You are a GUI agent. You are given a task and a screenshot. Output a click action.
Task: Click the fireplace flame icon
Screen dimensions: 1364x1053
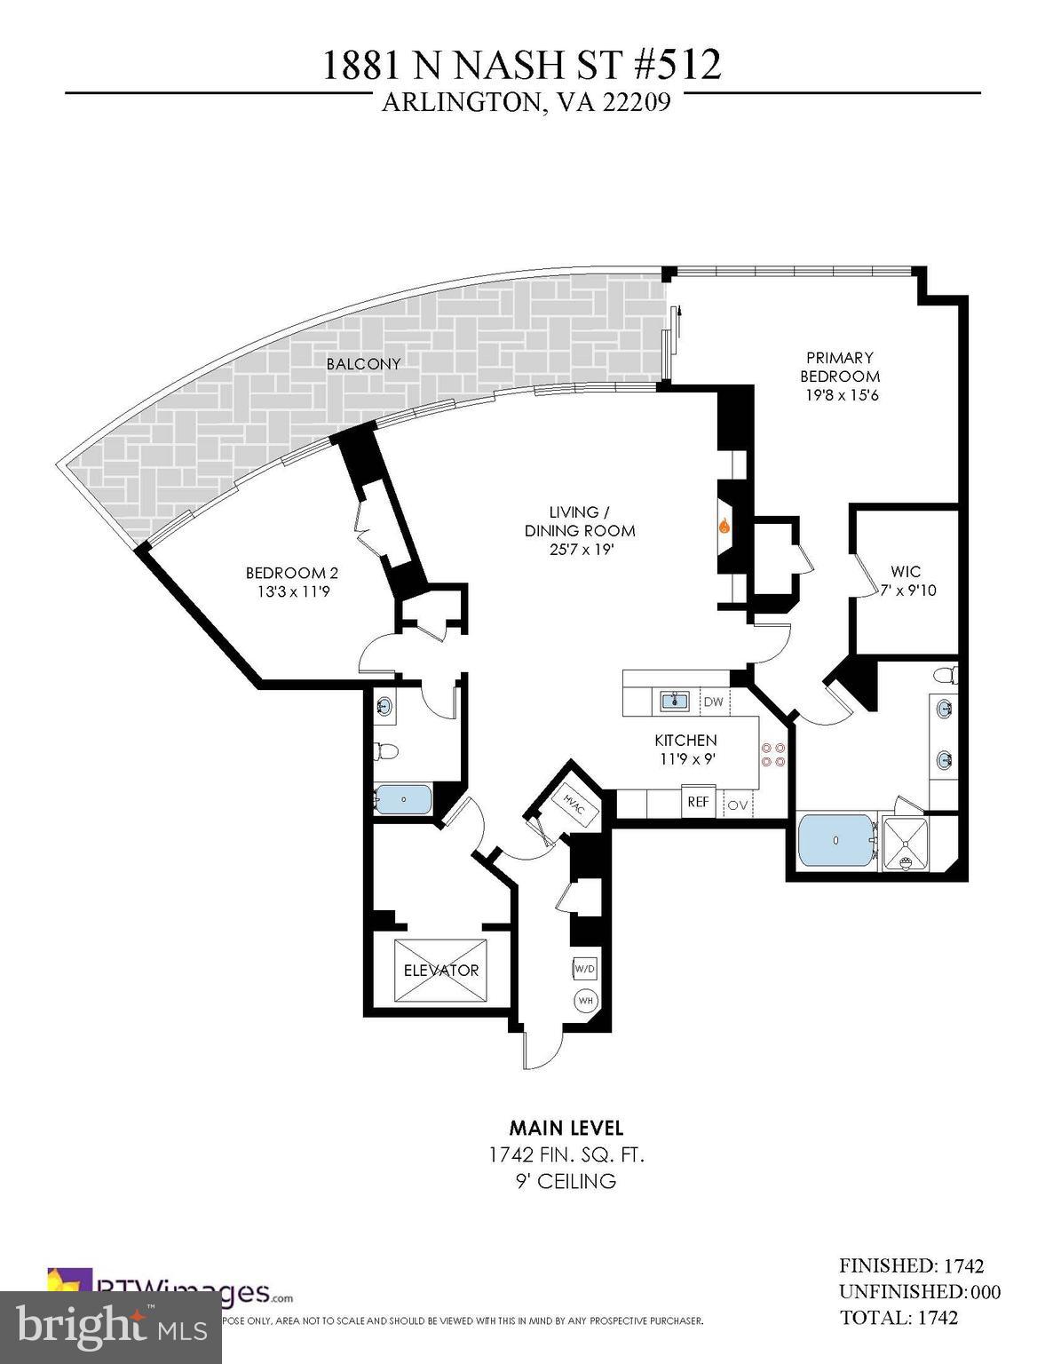724,526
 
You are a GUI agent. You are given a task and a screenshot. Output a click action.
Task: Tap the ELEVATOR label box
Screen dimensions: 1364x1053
441,971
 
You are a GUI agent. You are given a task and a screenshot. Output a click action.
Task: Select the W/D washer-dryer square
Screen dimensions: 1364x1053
584,968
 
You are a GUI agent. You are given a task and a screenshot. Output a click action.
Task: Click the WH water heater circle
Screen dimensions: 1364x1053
586,1001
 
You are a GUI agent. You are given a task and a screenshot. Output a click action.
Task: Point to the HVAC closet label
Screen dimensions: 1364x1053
574,804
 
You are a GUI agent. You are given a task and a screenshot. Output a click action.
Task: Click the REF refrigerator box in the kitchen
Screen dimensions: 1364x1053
698,802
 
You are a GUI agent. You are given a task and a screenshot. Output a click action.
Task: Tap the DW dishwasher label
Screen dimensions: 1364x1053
713,702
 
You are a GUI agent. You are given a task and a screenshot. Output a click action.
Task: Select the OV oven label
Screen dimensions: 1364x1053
738,805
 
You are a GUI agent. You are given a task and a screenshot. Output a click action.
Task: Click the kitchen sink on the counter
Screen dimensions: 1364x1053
676,702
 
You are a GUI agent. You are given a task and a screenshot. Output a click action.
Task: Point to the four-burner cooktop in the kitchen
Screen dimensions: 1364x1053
772,754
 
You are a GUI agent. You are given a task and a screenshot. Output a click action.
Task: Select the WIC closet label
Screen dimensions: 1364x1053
906,572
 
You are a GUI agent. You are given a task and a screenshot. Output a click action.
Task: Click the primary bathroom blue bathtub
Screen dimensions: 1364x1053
835,841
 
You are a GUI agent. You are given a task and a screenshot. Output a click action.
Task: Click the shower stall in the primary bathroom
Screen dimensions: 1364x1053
904,843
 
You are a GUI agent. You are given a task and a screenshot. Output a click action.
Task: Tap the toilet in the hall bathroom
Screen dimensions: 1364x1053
385,751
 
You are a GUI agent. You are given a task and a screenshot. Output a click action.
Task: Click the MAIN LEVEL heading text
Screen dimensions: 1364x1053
566,1128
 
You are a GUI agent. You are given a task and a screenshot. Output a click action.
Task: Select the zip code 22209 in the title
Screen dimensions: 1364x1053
636,103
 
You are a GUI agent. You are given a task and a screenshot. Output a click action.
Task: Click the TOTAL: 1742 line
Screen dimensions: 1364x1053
898,1317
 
